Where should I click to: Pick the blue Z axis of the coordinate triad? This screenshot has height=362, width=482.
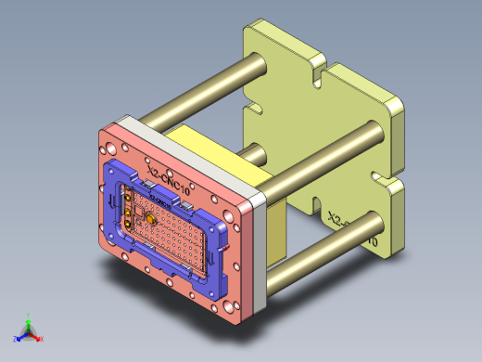point(19,336)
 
